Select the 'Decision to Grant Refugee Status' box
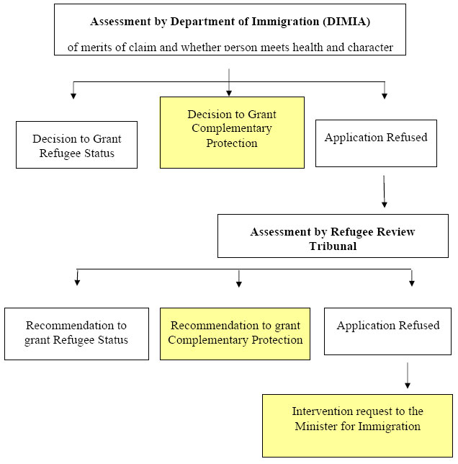pyautogui.click(x=76, y=145)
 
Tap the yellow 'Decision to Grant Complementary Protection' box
pyautogui.click(x=232, y=133)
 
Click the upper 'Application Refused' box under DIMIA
pyautogui.click(x=376, y=143)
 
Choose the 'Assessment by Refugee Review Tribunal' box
pyautogui.click(x=333, y=237)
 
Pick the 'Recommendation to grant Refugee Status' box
pyautogui.click(x=76, y=333)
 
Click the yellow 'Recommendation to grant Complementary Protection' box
pyautogui.click(x=235, y=333)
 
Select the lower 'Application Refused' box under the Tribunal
pyautogui.click(x=388, y=331)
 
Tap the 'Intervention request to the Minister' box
pyautogui.click(x=357, y=425)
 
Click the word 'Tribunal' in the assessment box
pyautogui.click(x=333, y=246)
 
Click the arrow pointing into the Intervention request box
pyautogui.click(x=408, y=375)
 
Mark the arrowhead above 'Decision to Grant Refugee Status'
pyautogui.click(x=73, y=94)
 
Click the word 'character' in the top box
pyautogui.click(x=369, y=48)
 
